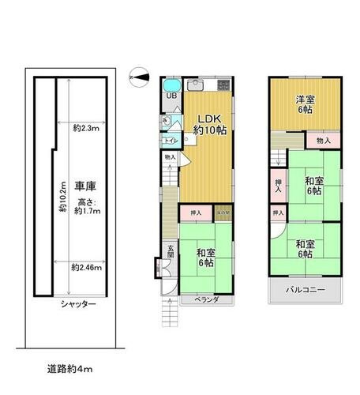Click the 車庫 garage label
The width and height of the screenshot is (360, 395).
click(85, 186)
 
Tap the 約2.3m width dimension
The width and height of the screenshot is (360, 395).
click(85, 127)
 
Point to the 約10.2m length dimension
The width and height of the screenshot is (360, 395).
click(62, 197)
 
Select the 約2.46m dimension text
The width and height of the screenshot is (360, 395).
click(87, 267)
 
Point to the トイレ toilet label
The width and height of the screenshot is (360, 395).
click(169, 141)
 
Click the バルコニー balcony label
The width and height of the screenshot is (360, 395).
click(306, 291)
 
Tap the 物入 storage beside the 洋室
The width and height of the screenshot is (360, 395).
click(324, 141)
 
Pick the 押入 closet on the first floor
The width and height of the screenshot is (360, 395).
click(196, 213)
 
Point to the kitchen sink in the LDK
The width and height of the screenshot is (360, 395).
click(197, 85)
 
